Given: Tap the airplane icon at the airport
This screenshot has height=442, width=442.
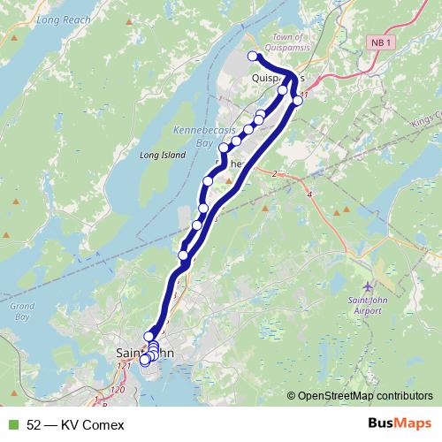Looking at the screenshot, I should [x=369, y=287].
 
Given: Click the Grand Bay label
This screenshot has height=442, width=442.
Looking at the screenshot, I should [x=21, y=311].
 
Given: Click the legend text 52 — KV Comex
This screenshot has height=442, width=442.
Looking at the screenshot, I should [x=75, y=424].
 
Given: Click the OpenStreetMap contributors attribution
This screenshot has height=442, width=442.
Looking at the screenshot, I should [x=365, y=396].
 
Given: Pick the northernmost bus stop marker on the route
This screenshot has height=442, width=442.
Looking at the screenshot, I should [x=253, y=57].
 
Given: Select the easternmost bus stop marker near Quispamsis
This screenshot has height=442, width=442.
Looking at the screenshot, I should [x=298, y=101].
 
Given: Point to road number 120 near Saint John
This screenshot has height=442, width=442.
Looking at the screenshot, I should [x=118, y=389].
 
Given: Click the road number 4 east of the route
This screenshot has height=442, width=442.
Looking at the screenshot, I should [x=309, y=192].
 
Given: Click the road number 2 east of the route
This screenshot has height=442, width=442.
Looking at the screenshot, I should [x=275, y=174].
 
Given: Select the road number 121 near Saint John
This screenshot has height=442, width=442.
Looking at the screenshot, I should [x=123, y=366].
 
